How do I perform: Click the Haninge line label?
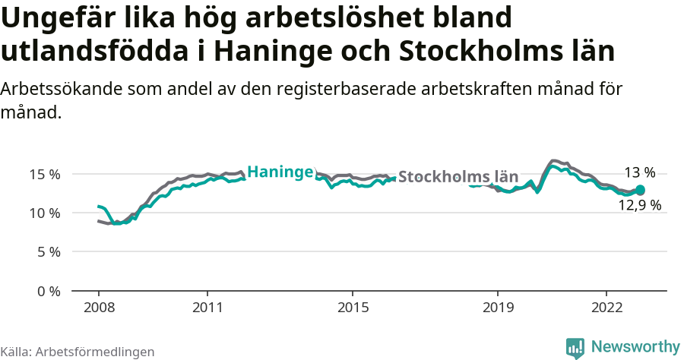point(280,172)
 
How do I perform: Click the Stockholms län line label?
point(458,177)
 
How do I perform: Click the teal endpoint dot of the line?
point(640,190)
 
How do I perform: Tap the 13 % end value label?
point(639,172)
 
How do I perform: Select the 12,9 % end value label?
point(638,205)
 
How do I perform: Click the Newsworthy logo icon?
point(575,348)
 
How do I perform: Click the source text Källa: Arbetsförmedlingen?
point(78,352)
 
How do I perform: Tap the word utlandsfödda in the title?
point(96,50)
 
